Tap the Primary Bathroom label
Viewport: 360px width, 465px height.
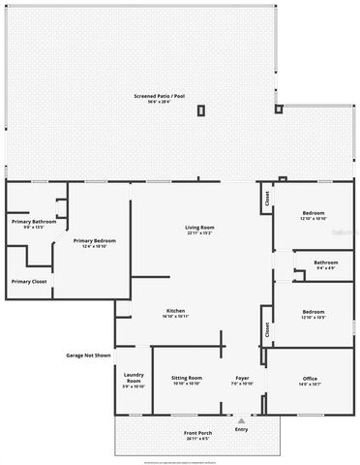(34, 222)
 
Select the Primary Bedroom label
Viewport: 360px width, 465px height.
(96, 240)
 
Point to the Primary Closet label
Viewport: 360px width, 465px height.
(29, 282)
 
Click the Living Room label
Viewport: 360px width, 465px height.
(199, 228)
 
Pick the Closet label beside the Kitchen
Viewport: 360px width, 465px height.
(266, 328)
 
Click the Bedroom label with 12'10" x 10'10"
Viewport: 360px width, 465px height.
(314, 213)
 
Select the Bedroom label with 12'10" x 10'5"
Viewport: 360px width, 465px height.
(314, 312)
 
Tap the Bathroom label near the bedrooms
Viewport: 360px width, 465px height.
(325, 262)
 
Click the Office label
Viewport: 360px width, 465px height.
(311, 378)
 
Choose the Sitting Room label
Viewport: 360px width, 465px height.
(187, 378)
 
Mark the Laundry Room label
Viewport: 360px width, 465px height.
(134, 378)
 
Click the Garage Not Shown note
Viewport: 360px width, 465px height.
(88, 356)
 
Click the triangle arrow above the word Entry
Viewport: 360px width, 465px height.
(241, 419)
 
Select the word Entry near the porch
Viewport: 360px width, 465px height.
(241, 429)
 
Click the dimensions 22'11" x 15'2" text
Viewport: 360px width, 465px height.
(199, 233)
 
